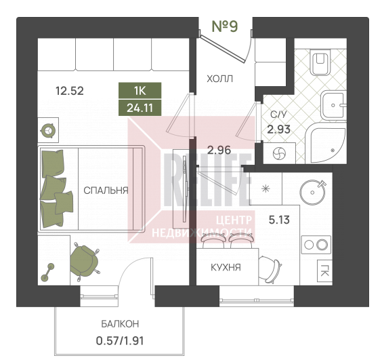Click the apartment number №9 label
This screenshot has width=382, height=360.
pyautogui.click(x=225, y=26)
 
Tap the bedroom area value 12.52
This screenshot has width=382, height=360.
pyautogui.click(x=70, y=91)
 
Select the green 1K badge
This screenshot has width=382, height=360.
pyautogui.click(x=140, y=91)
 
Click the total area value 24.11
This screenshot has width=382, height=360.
pyautogui.click(x=140, y=108)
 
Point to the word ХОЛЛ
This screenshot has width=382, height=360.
pyautogui.click(x=219, y=79)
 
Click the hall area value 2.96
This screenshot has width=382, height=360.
pyautogui.click(x=219, y=150)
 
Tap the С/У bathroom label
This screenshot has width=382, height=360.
pyautogui.click(x=278, y=115)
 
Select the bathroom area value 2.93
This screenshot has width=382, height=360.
pyautogui.click(x=278, y=129)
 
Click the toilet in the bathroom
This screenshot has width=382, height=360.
pyautogui.click(x=320, y=62)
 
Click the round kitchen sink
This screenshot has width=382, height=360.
pyautogui.click(x=313, y=192)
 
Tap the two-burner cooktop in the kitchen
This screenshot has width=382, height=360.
pyautogui.click(x=316, y=245)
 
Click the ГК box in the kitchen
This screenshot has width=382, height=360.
pyautogui.click(x=324, y=271)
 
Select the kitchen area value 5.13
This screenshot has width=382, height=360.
pyautogui.click(x=279, y=220)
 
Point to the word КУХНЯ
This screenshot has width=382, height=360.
pyautogui.click(x=226, y=268)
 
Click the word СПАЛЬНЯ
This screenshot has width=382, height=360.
pyautogui.click(x=106, y=191)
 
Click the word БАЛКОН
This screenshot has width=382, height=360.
pyautogui.click(x=120, y=324)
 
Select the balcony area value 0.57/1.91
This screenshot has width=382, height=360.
pyautogui.click(x=120, y=341)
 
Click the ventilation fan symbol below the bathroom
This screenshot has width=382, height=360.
pyautogui.click(x=279, y=154)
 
